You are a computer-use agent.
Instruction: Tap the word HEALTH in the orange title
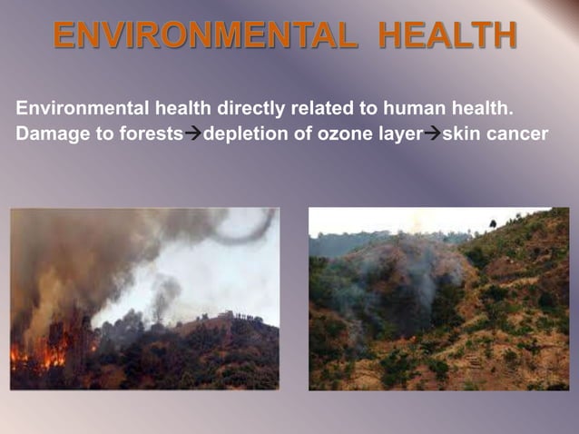click(448, 37)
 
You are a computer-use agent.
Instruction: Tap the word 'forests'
click(151, 134)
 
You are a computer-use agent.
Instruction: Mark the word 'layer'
click(397, 134)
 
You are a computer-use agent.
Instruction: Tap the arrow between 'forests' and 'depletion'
click(192, 135)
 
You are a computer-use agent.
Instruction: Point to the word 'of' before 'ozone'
click(296, 134)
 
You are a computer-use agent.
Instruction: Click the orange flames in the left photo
click(45, 350)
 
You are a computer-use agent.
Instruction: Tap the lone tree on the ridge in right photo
click(492, 223)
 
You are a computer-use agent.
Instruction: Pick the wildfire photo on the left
click(144, 299)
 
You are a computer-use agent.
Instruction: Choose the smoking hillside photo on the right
click(438, 299)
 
